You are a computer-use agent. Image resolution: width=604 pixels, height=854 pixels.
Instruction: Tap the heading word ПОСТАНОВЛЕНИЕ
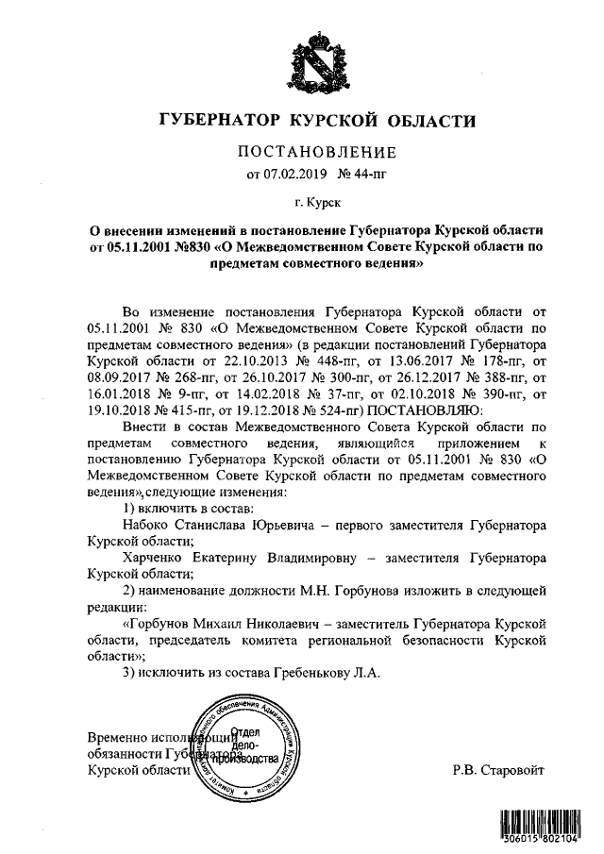tap(316, 152)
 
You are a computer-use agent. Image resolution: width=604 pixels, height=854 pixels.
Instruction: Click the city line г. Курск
tap(316, 202)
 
